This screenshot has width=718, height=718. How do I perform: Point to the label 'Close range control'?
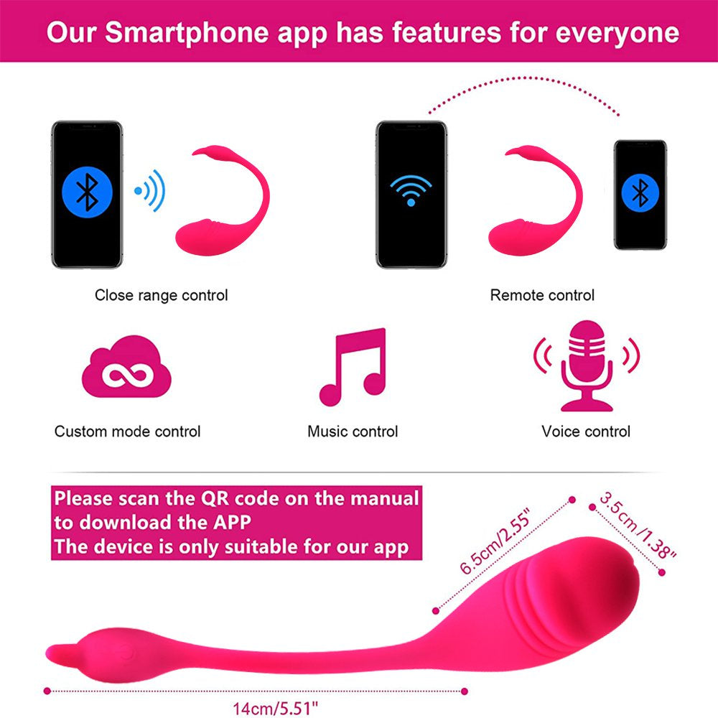pos(161,295)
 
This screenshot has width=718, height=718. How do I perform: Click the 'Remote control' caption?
pos(542,295)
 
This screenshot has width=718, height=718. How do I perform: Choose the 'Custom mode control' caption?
pos(127,432)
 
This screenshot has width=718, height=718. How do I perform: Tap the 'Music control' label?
pos(353,432)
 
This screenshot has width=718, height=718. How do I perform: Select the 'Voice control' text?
pos(586,432)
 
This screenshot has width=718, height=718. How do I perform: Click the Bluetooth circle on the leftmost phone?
pos(87,190)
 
